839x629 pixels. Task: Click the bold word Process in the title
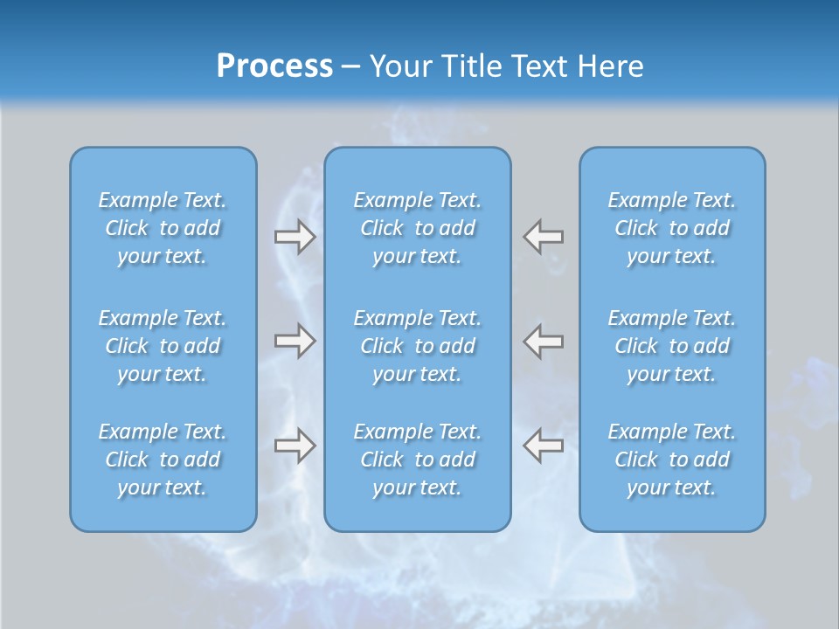pos(274,66)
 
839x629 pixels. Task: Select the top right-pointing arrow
pos(295,237)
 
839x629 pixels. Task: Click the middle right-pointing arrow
pos(295,341)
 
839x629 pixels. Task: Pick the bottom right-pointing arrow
pos(295,446)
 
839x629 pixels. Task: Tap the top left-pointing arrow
pos(543,237)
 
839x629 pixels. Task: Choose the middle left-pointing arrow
pos(543,341)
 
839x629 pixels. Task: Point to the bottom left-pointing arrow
pos(543,446)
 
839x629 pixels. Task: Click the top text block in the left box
pos(163,228)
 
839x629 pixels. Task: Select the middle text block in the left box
pos(163,346)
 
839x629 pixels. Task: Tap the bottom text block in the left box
pos(163,460)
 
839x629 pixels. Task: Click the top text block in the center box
pos(418,228)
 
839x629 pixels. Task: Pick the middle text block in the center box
pos(418,346)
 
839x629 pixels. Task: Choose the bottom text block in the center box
pos(418,460)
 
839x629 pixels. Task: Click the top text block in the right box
pos(672,228)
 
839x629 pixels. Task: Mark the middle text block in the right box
pos(672,346)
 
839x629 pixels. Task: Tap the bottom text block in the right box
pos(672,460)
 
